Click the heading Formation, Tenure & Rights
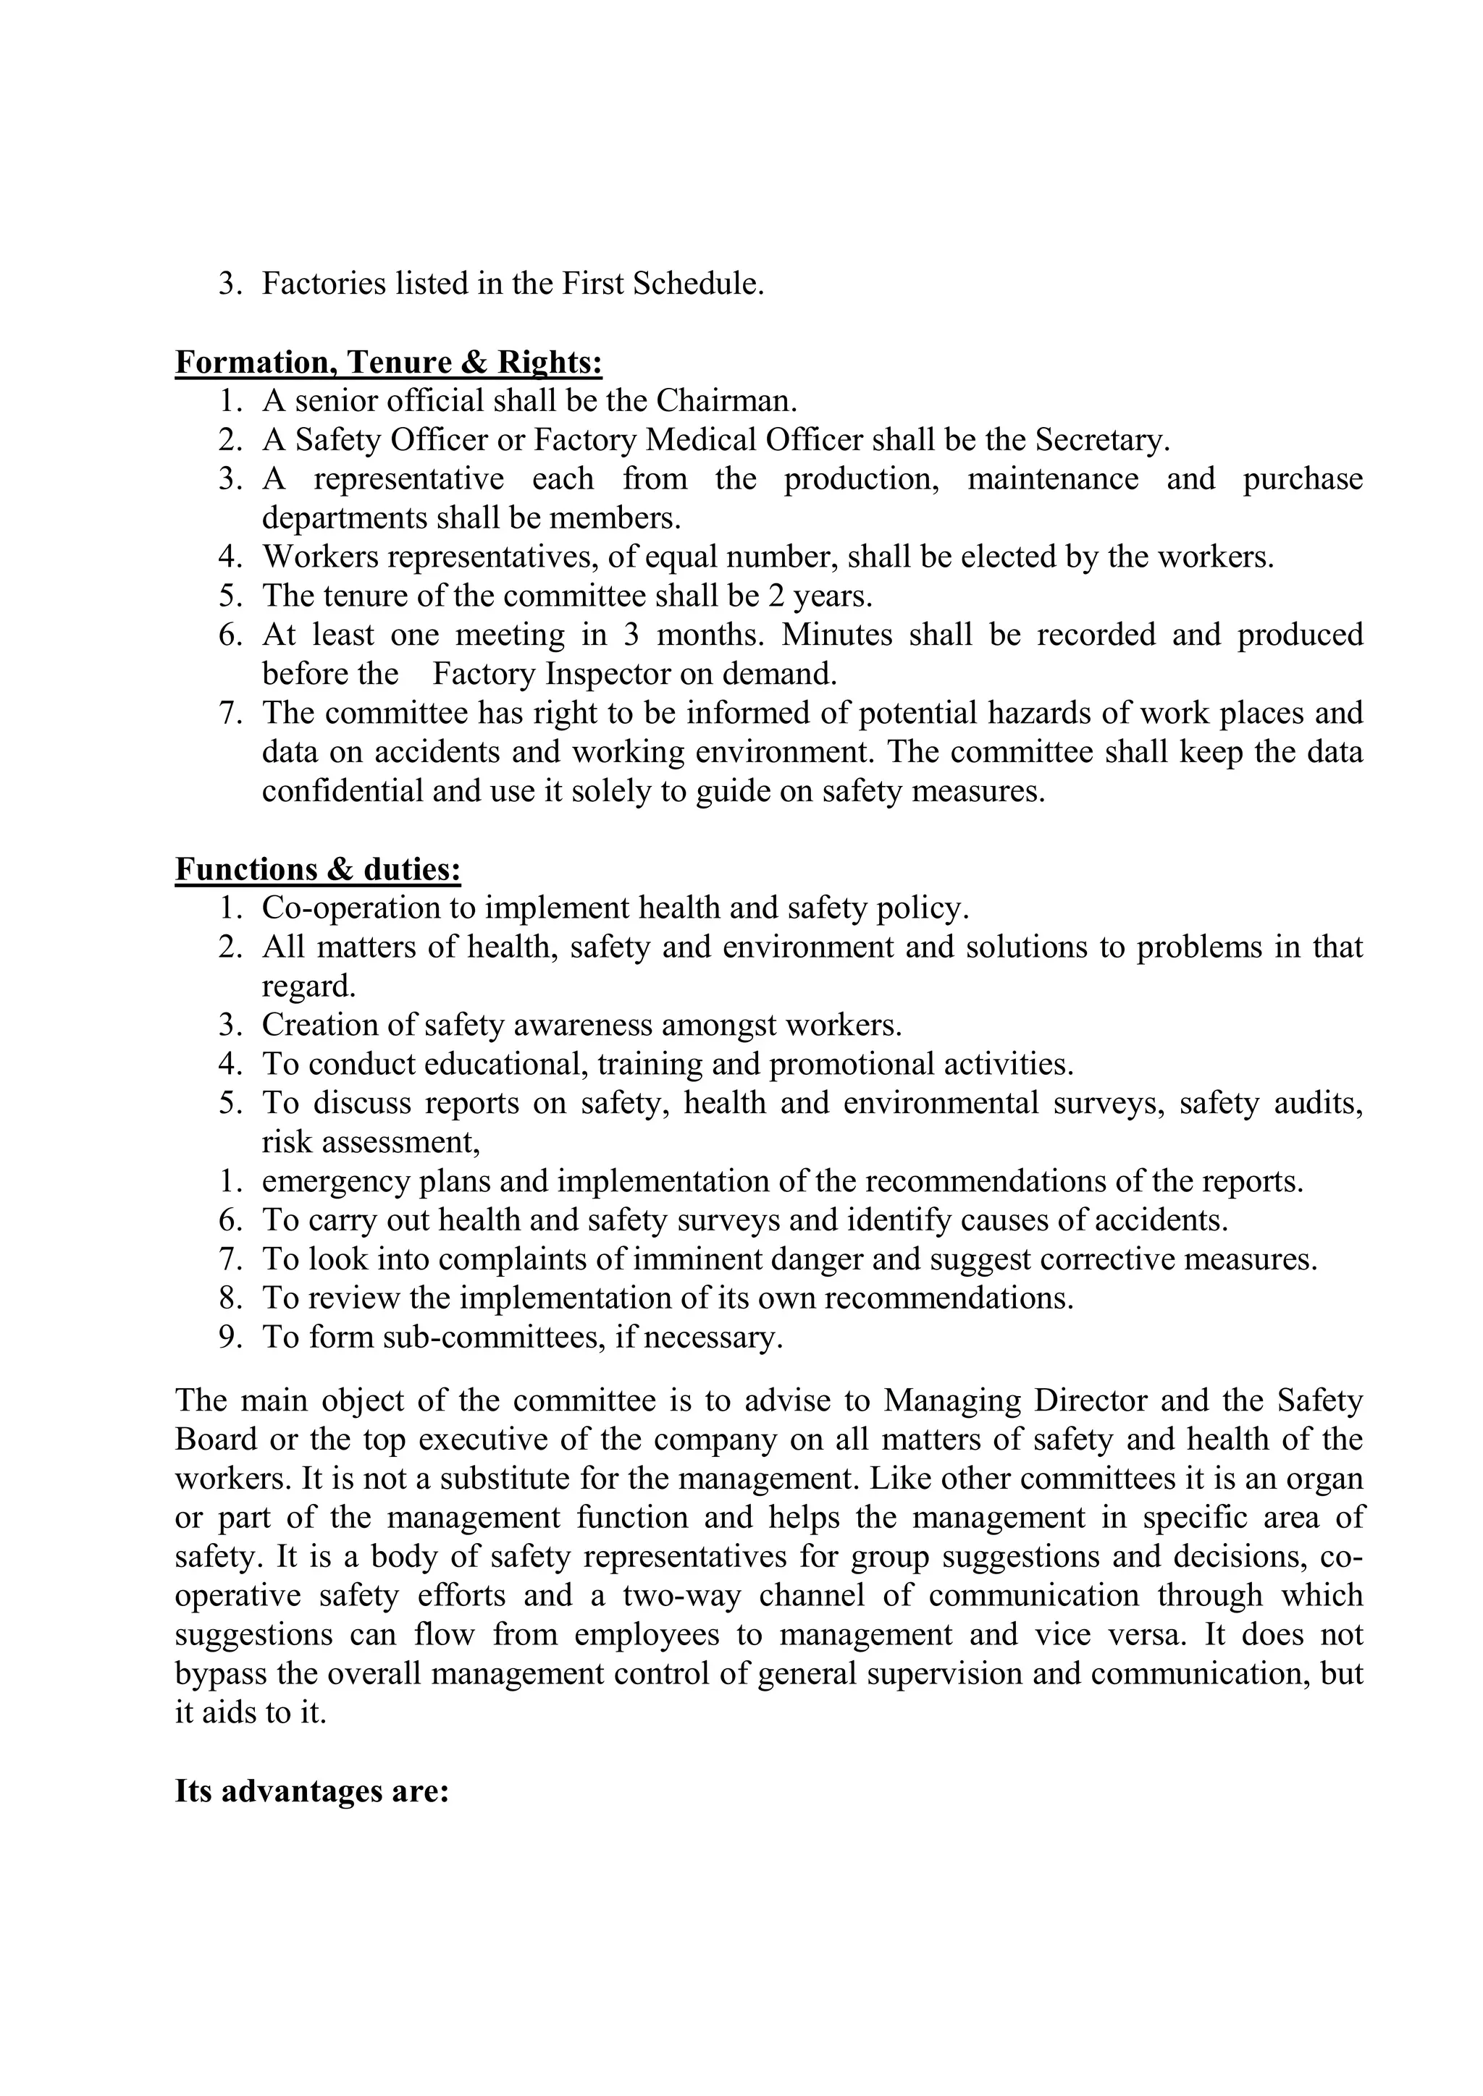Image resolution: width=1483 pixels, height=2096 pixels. (x=388, y=363)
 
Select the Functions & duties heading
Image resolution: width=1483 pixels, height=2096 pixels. (x=318, y=869)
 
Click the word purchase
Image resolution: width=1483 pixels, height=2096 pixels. (x=1302, y=479)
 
